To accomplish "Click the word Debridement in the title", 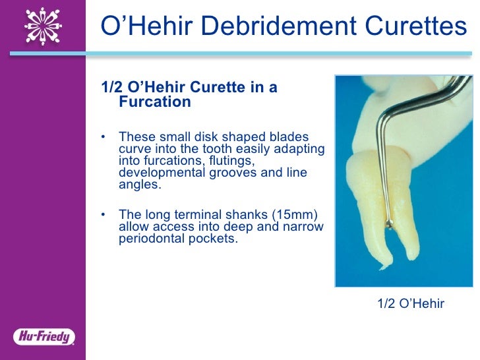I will coord(278,26).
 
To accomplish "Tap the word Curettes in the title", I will coord(411,26).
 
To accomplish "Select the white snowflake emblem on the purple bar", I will coord(43,26).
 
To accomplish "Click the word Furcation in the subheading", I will coord(154,102).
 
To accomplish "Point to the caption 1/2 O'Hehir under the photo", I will coord(411,303).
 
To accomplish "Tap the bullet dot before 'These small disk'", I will coord(104,137).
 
